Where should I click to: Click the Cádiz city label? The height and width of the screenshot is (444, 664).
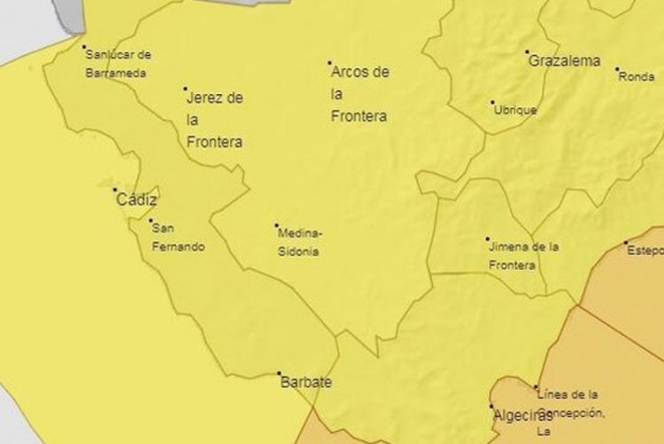[x=136, y=200]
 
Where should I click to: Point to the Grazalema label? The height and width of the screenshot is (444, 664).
[x=564, y=61]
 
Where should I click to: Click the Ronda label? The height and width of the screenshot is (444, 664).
[x=637, y=76]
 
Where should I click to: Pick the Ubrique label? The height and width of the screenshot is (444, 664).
[x=514, y=111]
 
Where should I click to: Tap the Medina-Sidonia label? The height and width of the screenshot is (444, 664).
[x=300, y=243]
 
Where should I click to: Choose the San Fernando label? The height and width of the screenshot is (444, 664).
[x=177, y=238]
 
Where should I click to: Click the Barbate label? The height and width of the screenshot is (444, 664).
[x=305, y=383]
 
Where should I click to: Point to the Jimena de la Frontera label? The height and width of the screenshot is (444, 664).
[x=523, y=255]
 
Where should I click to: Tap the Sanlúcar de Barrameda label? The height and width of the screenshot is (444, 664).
[x=118, y=64]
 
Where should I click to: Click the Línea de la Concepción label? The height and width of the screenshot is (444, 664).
[x=571, y=408]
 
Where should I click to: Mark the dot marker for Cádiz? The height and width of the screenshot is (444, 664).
[x=114, y=190]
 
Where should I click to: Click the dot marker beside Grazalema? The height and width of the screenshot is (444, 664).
[x=527, y=52]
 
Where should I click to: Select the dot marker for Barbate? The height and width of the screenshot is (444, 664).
[x=279, y=373]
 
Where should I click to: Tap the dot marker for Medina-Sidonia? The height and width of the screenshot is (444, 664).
[x=276, y=225]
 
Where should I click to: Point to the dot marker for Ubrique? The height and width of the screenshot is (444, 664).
[x=493, y=102]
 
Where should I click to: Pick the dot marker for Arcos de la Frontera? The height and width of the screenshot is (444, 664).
[x=329, y=63]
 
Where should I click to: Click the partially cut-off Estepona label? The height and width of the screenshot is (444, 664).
[x=645, y=251]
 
